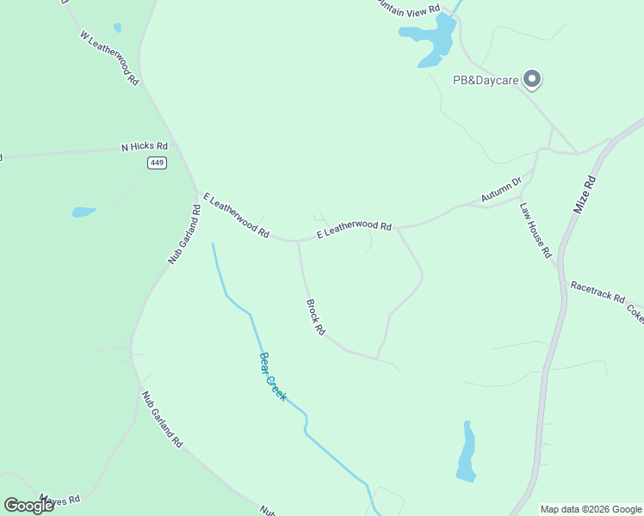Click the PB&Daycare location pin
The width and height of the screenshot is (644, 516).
tap(532, 79)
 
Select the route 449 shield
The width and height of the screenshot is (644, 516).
tap(157, 163)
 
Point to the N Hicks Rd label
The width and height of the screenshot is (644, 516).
tap(145, 147)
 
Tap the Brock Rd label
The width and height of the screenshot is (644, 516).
tap(315, 317)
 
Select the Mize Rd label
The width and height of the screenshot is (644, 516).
tap(584, 195)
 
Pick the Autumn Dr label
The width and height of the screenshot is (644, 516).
tap(502, 190)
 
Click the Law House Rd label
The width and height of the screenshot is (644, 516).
tap(535, 230)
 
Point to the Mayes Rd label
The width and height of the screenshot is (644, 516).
tap(59, 499)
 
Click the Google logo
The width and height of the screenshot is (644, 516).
tap(28, 506)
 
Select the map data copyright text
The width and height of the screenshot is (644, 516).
tap(591, 509)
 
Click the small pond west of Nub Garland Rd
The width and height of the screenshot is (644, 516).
tap(84, 212)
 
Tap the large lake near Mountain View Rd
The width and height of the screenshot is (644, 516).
tap(430, 41)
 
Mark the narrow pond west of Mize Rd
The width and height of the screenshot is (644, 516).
tap(466, 453)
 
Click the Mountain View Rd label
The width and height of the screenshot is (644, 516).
tap(410, 6)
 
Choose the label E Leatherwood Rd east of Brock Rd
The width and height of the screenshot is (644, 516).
tap(354, 229)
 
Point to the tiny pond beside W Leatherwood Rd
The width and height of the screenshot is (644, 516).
tap(117, 28)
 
